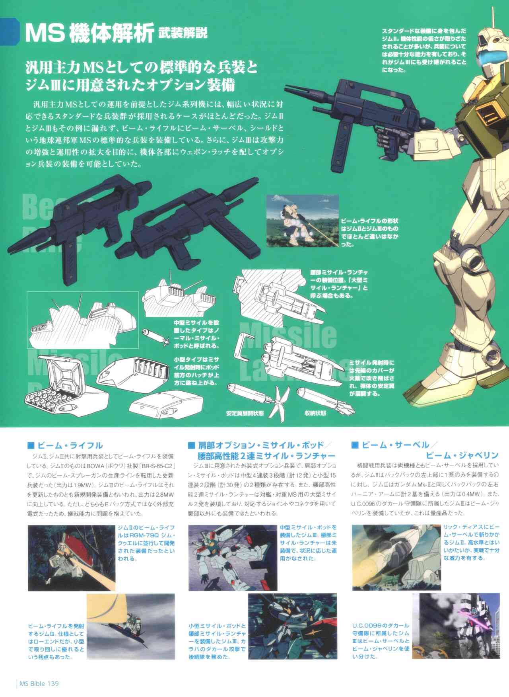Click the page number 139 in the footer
pos(53,683)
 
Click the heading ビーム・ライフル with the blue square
pos(65,445)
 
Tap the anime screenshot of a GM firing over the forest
pos(302,221)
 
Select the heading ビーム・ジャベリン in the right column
pos(462,455)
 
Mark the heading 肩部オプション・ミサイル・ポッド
pos(261,445)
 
